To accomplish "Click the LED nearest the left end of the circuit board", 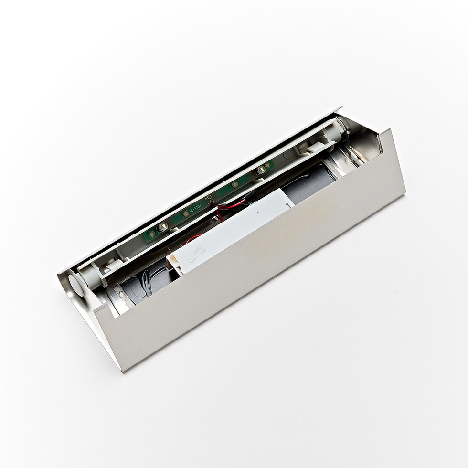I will [163, 227].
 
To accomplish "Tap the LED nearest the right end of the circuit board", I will [262, 170].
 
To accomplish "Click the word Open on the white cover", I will [199, 250].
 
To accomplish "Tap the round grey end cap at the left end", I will [76, 281].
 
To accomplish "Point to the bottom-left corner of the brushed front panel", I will [123, 371].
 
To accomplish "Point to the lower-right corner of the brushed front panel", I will [405, 193].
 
